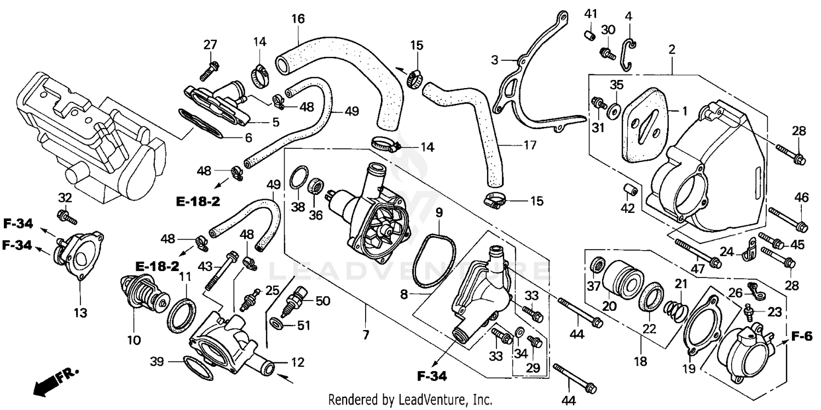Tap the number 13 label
click(x=80, y=312)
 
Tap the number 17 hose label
click(x=529, y=146)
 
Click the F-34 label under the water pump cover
click(x=432, y=376)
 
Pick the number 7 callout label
click(x=365, y=334)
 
